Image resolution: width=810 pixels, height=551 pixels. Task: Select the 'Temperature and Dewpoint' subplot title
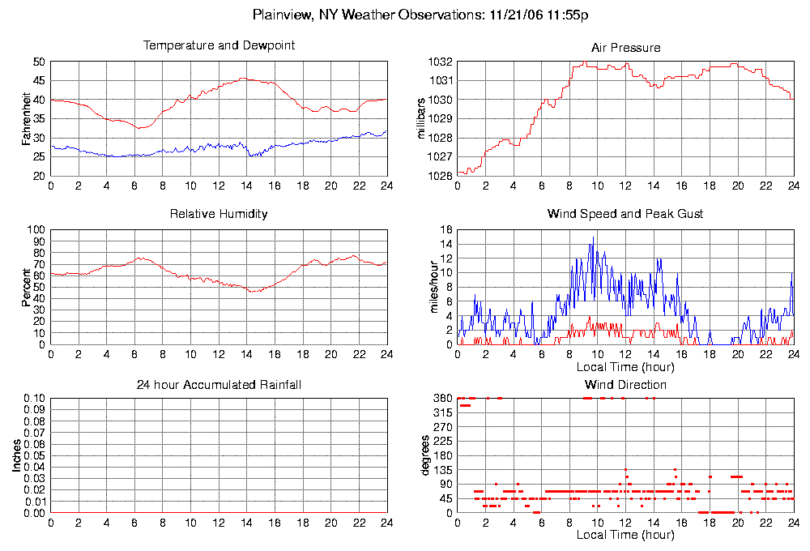(219, 45)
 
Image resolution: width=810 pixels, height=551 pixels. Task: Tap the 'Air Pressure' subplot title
(625, 48)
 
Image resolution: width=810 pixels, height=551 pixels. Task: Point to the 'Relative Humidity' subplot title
(219, 214)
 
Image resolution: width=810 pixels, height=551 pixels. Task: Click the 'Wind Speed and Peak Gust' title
(625, 214)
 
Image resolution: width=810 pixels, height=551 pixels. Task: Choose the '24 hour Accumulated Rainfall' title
(219, 384)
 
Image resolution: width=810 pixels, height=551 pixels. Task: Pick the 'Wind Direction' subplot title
(625, 384)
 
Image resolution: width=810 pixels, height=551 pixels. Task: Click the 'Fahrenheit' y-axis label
(27, 118)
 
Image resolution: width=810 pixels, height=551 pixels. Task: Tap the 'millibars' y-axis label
(421, 118)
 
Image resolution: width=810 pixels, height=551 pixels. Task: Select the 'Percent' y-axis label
(27, 287)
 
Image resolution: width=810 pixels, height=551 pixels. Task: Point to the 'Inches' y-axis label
(16, 455)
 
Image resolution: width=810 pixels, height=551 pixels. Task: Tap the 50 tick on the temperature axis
(40, 62)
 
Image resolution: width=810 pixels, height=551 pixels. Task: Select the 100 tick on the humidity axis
(36, 230)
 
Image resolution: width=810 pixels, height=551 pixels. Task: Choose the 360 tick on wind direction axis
(443, 399)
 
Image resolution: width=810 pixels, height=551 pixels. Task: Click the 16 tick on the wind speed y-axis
(446, 230)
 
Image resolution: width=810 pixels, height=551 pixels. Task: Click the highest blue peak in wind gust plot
(593, 237)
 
